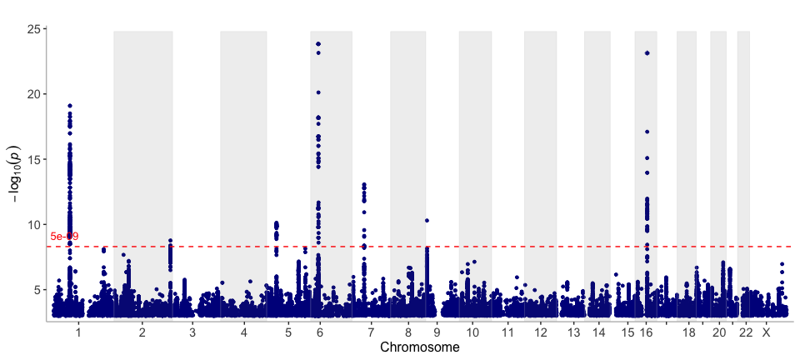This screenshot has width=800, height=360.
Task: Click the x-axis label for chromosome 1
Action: pyautogui.click(x=78, y=332)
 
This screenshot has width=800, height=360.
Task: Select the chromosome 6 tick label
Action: pyautogui.click(x=320, y=332)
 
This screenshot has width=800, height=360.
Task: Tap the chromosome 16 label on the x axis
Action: pyautogui.click(x=647, y=332)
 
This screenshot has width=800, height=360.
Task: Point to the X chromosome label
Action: pyautogui.click(x=767, y=332)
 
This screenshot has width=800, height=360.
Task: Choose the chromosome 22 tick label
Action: pyautogui.click(x=746, y=332)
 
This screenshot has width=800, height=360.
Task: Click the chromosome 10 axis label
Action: pyautogui.click(x=472, y=332)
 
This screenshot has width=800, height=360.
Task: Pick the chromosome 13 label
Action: pyautogui.click(x=573, y=332)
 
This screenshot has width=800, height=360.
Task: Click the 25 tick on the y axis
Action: pyautogui.click(x=34, y=29)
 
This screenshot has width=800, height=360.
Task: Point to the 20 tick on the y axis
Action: pyautogui.click(x=34, y=94)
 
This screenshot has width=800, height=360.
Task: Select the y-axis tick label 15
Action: pyautogui.click(x=34, y=159)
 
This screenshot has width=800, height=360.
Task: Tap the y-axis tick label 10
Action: pyautogui.click(x=34, y=224)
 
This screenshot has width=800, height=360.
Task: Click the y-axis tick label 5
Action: pyautogui.click(x=37, y=289)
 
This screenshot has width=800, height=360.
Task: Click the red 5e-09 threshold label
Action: pyautogui.click(x=64, y=237)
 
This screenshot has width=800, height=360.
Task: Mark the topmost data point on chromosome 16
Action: pyautogui.click(x=647, y=53)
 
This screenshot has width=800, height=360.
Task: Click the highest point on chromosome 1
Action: pyautogui.click(x=70, y=106)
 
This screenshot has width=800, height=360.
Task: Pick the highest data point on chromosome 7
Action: pyautogui.click(x=364, y=184)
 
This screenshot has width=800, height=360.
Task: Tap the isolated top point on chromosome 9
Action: pyautogui.click(x=427, y=221)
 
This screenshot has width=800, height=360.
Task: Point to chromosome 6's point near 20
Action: pyautogui.click(x=318, y=92)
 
